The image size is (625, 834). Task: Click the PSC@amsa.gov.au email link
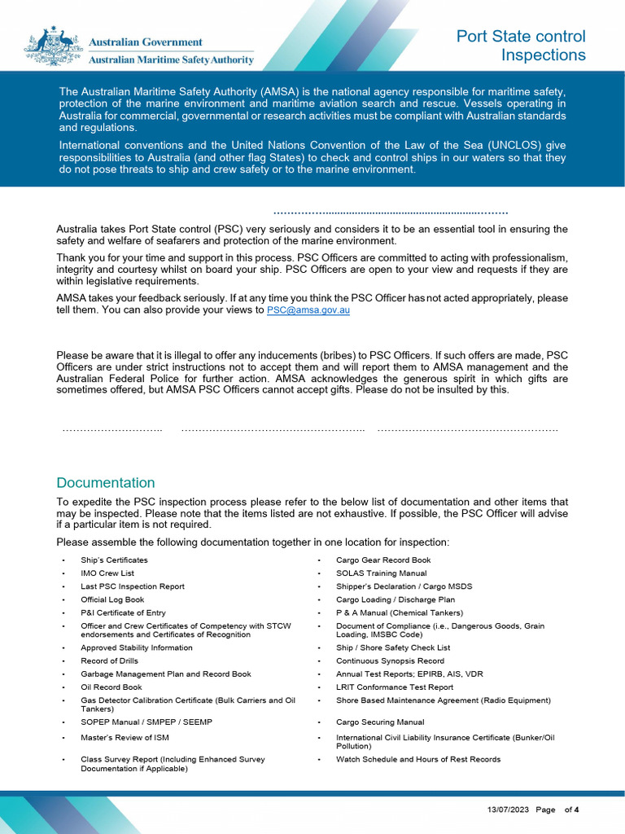click(308, 310)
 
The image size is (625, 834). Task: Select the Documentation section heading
click(105, 483)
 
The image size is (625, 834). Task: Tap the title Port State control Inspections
click(521, 46)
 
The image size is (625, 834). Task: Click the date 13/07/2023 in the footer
click(508, 810)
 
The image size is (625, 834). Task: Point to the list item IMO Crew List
click(107, 573)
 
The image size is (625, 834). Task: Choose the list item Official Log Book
click(112, 599)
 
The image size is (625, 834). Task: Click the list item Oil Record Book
click(111, 687)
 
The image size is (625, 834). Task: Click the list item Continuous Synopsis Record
click(390, 661)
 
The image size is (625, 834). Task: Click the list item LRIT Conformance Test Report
click(395, 687)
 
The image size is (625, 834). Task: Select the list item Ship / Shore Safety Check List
click(393, 648)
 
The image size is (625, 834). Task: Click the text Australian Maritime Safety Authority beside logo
click(170, 59)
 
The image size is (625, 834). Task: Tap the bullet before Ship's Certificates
click(63, 560)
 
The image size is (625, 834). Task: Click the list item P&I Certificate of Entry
click(123, 612)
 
